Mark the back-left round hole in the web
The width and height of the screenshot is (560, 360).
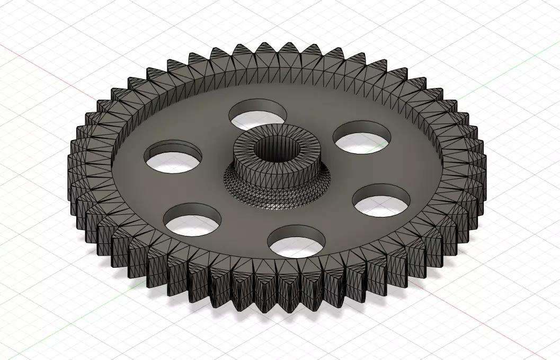click(x=173, y=159)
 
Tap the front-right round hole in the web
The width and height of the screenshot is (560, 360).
click(x=382, y=200)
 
